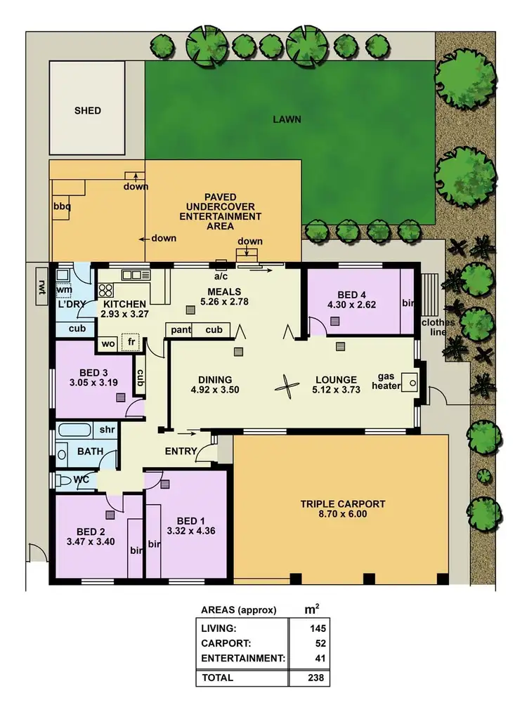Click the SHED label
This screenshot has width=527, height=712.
coord(88,110)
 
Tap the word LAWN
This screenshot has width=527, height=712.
coord(287,119)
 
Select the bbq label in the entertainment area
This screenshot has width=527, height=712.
coord(63,208)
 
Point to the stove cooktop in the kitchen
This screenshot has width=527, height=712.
coord(105,289)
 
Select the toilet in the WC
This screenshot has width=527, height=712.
coord(65,482)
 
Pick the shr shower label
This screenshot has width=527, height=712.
coord(108,430)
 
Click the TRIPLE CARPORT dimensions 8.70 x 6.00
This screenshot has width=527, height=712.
coord(343,514)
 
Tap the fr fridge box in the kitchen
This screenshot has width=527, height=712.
coord(131,343)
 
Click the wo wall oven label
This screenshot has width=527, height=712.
coord(108,344)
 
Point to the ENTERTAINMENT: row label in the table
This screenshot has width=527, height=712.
coord(242,659)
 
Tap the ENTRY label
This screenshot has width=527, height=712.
coord(181,451)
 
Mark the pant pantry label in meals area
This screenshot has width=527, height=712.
coord(179,330)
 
